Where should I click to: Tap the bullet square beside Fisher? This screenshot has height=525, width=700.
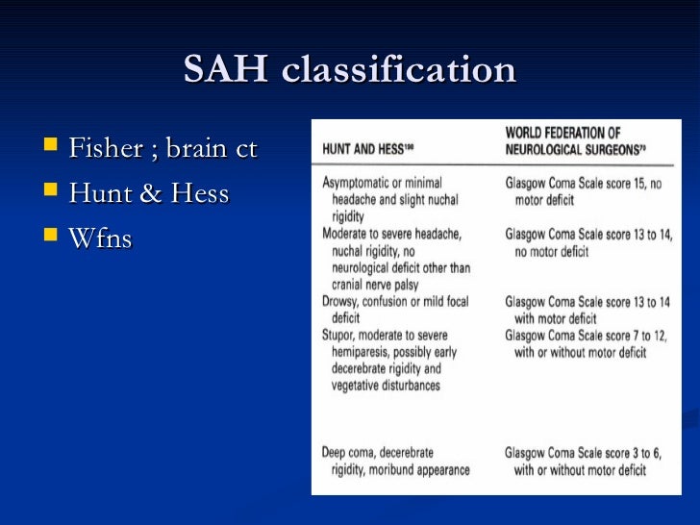[x=51, y=149]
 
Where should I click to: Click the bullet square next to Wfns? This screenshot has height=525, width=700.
[x=51, y=237]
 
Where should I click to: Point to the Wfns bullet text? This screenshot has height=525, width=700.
[x=100, y=237]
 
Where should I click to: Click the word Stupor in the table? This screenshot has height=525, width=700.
[x=341, y=335]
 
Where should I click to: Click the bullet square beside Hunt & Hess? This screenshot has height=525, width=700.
[x=51, y=193]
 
